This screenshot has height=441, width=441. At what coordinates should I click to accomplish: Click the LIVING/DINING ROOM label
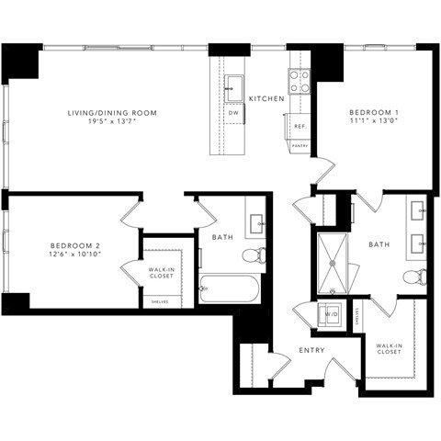[112, 113]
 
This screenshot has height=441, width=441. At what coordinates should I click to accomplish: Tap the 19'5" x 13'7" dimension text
[112, 122]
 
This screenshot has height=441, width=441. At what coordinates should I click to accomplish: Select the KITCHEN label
[265, 98]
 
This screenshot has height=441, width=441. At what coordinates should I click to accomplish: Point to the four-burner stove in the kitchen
[300, 82]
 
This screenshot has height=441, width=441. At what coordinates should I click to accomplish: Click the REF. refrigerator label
[300, 127]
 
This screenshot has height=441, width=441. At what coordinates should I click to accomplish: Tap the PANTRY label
[300, 145]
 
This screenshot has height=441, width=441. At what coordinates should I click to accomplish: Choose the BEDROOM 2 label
[73, 245]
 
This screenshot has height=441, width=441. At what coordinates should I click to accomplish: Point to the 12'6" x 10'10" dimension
[73, 254]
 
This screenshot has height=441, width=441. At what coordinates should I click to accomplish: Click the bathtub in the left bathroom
[230, 289]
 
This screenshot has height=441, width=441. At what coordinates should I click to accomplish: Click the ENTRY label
[310, 351]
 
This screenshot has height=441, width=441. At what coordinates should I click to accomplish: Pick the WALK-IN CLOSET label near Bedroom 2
[161, 273]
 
